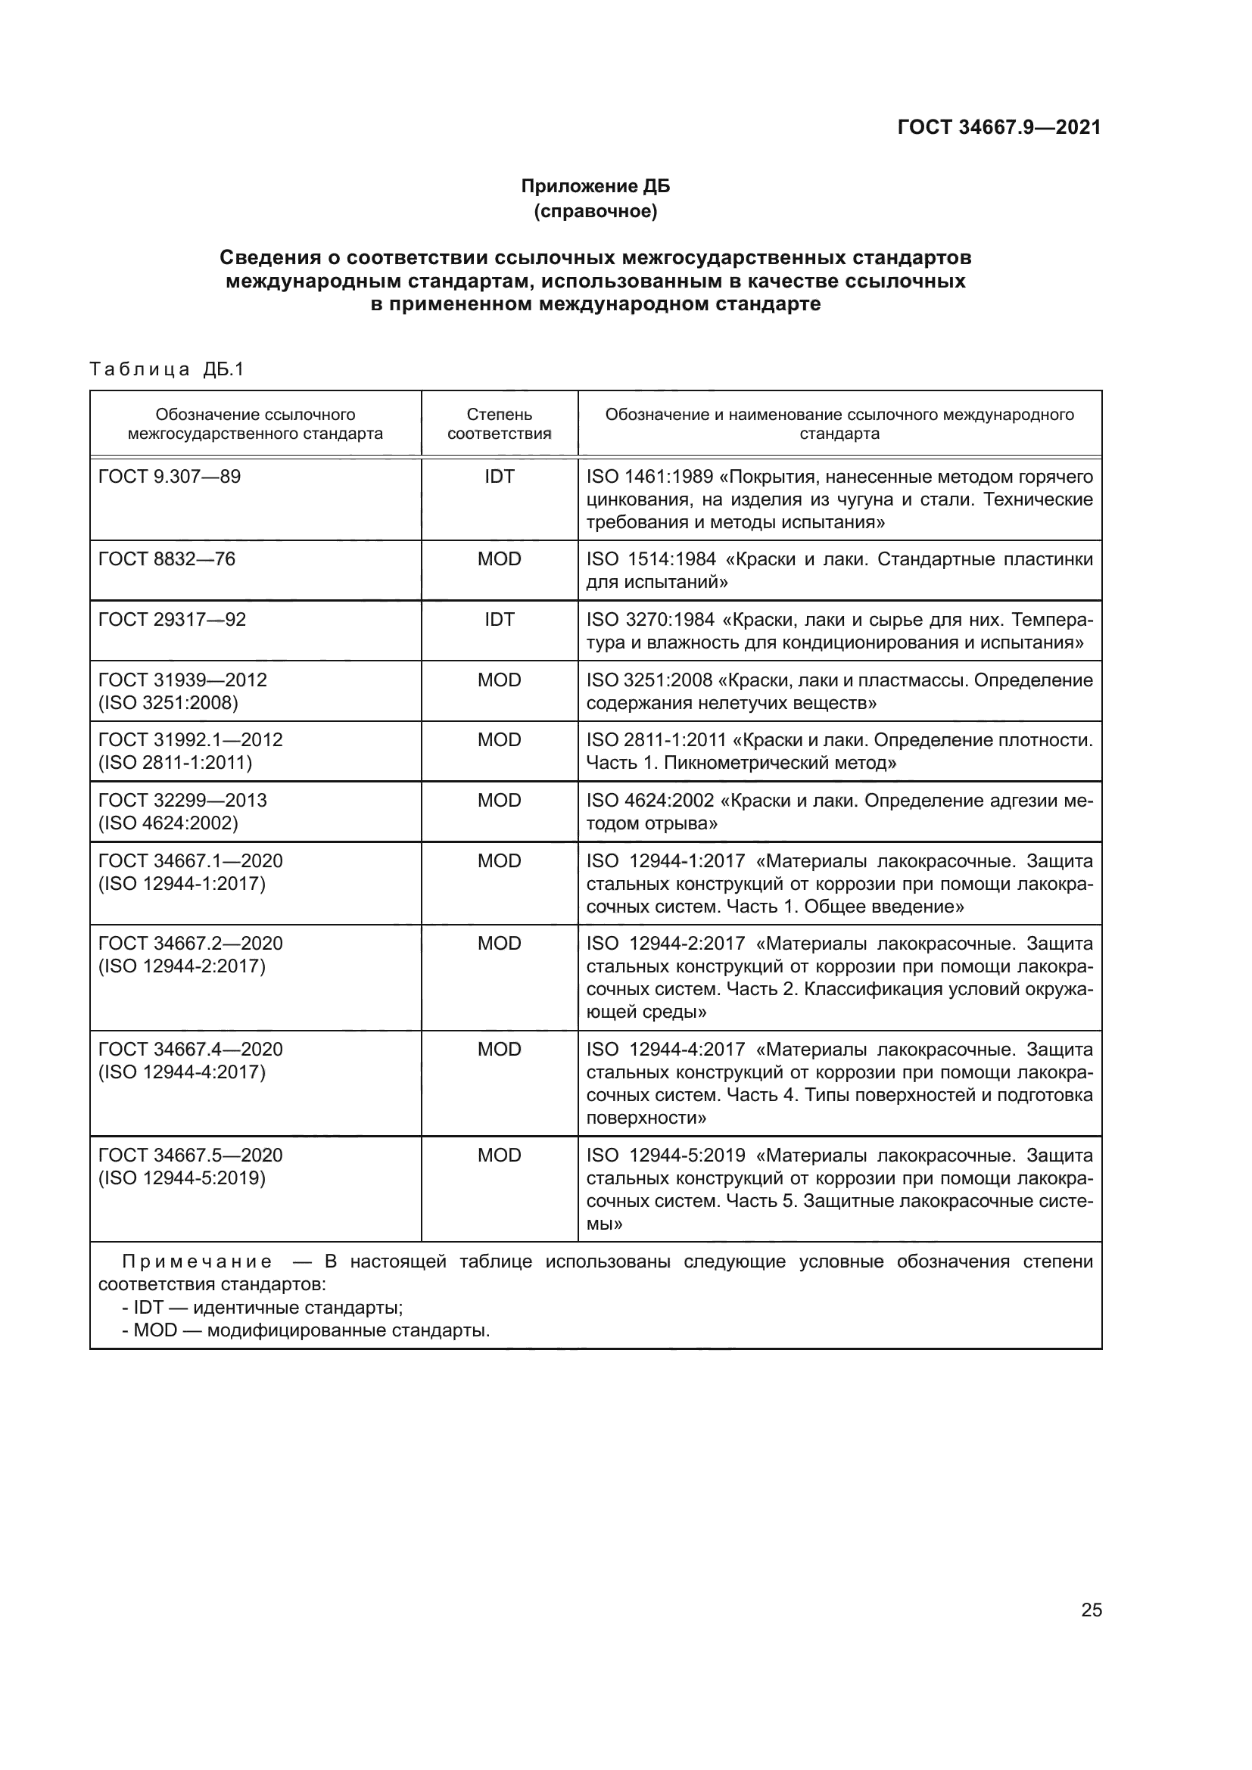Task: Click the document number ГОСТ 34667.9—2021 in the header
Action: pos(998,128)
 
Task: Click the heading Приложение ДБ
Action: pos(595,186)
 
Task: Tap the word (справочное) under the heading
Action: pos(595,211)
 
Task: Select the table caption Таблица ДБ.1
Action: pos(167,369)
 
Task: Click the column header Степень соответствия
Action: pos(499,424)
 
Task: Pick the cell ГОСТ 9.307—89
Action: pos(170,477)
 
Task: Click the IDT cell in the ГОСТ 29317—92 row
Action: pos(499,620)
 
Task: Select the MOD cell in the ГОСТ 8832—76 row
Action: pos(499,559)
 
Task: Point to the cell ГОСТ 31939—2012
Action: pos(182,680)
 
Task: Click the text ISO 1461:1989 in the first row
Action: pos(649,477)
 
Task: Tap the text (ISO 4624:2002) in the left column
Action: pos(168,823)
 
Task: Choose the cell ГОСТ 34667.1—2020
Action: pos(191,861)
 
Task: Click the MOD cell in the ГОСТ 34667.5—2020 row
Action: pos(499,1155)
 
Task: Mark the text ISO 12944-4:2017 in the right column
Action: pos(665,1049)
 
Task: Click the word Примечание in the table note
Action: pos(197,1262)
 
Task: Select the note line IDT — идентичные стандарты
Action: pos(262,1308)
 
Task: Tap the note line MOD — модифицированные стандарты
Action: pos(306,1331)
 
